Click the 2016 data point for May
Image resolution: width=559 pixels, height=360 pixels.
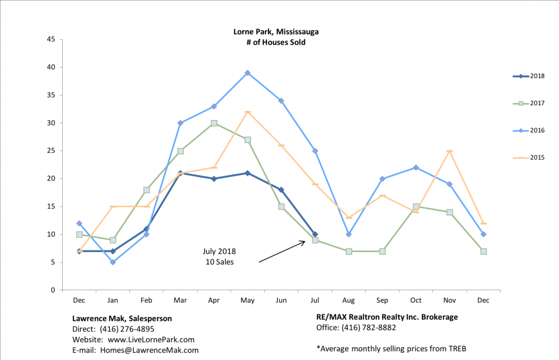pos(248,73)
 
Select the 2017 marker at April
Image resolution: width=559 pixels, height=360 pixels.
pos(214,123)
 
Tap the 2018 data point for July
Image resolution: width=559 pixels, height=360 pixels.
pos(315,235)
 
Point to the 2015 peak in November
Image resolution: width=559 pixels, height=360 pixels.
pos(450,151)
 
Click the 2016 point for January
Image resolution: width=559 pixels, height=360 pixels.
pos(113,262)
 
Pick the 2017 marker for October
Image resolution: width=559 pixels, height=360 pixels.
pos(416,207)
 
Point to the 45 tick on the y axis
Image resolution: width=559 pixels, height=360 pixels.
pos(51,39)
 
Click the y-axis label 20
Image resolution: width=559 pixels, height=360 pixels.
pos(51,179)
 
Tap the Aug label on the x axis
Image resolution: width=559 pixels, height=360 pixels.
pos(349,300)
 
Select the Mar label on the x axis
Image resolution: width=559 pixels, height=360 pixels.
pos(180,300)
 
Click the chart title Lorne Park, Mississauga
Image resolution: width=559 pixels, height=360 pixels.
pos(276,32)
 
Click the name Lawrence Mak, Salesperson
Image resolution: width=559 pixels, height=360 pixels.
pos(122,317)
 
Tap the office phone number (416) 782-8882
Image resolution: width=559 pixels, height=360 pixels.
pos(368,328)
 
